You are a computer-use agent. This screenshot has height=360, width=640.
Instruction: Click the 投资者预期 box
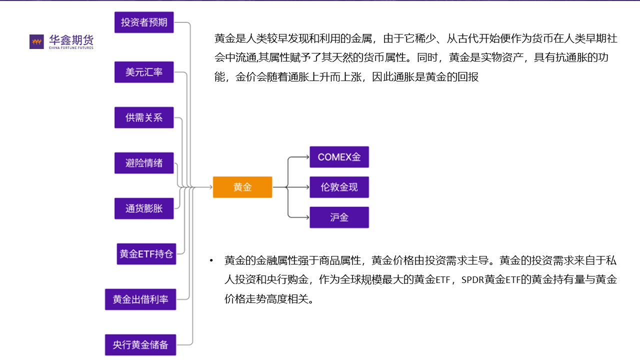click(x=144, y=22)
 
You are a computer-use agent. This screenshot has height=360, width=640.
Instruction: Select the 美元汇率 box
click(x=144, y=72)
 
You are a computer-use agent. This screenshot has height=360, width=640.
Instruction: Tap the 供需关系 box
click(x=144, y=117)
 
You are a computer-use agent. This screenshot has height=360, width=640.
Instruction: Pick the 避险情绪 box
click(x=144, y=163)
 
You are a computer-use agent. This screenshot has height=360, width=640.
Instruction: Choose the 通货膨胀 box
click(x=144, y=208)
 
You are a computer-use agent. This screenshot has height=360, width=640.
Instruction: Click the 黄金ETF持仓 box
click(x=146, y=254)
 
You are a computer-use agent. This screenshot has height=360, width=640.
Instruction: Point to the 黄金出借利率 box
click(x=140, y=299)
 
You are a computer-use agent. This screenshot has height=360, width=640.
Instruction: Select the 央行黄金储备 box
click(x=140, y=345)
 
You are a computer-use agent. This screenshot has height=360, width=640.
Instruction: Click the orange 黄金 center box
click(x=242, y=187)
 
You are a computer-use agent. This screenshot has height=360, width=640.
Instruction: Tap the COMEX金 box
click(x=339, y=157)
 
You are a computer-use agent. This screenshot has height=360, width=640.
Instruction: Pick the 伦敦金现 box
click(x=339, y=187)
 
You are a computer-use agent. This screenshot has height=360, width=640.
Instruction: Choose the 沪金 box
click(x=339, y=217)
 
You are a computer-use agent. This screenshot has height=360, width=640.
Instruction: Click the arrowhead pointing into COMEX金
click(x=307, y=157)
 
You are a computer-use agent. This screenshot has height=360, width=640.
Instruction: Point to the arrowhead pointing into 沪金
click(x=307, y=217)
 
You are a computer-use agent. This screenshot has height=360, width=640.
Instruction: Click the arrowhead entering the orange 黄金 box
click(x=210, y=187)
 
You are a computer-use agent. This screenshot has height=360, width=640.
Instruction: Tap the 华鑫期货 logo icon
click(x=36, y=41)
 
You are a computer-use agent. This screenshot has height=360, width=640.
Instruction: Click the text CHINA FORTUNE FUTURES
click(x=71, y=48)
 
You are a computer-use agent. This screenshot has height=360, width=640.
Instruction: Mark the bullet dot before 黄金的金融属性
click(x=211, y=261)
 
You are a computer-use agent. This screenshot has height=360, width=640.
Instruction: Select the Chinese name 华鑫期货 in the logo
click(x=71, y=39)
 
